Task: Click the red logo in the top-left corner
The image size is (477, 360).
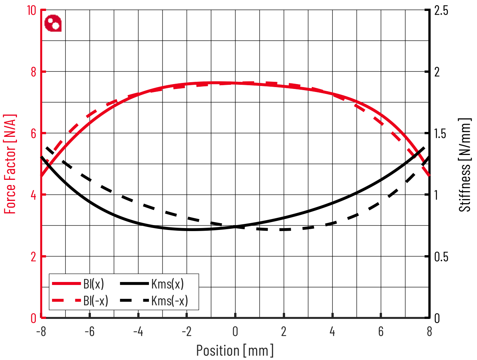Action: pos(53,23)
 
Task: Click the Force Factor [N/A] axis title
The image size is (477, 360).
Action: pos(11,164)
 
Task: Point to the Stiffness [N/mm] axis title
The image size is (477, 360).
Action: pos(465,165)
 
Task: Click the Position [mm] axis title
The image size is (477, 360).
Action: pos(235,350)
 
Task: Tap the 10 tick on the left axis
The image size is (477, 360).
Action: pos(31,11)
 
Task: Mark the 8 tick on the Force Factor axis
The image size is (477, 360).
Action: pos(34,72)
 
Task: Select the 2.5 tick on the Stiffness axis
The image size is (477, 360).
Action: pos(441,11)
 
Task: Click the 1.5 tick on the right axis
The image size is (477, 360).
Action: pos(441,133)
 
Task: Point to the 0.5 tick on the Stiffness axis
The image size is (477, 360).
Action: pos(441,257)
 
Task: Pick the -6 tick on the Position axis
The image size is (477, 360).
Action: pos(89,331)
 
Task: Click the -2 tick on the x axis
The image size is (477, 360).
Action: pos(187,331)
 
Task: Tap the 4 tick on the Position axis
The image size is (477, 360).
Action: pos(332,331)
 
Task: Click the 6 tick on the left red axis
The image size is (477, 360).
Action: pos(34,133)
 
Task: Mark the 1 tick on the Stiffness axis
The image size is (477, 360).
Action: pos(437,195)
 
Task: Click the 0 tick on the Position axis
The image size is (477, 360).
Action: pos(235,331)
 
